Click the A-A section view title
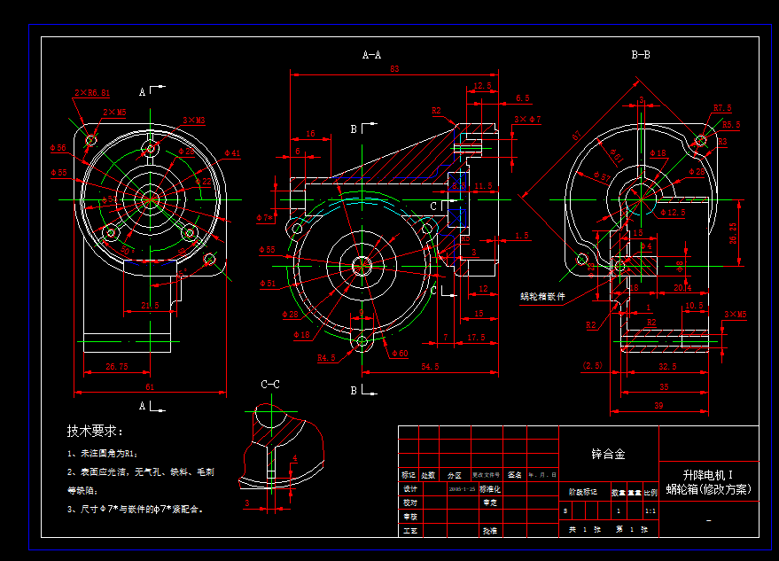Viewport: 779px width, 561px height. (372, 55)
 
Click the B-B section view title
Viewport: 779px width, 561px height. (641, 55)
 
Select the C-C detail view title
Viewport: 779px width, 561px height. (270, 384)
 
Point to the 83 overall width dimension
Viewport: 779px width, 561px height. (394, 69)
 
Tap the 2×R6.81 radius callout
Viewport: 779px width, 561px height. (92, 92)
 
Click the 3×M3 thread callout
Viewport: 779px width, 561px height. (194, 120)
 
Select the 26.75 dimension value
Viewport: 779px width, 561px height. (117, 365)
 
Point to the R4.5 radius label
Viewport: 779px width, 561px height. (327, 358)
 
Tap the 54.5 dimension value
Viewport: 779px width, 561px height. (432, 366)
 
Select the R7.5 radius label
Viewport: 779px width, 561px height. (722, 108)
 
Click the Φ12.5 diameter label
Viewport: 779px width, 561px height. (674, 213)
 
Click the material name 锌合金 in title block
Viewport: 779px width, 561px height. (608, 454)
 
